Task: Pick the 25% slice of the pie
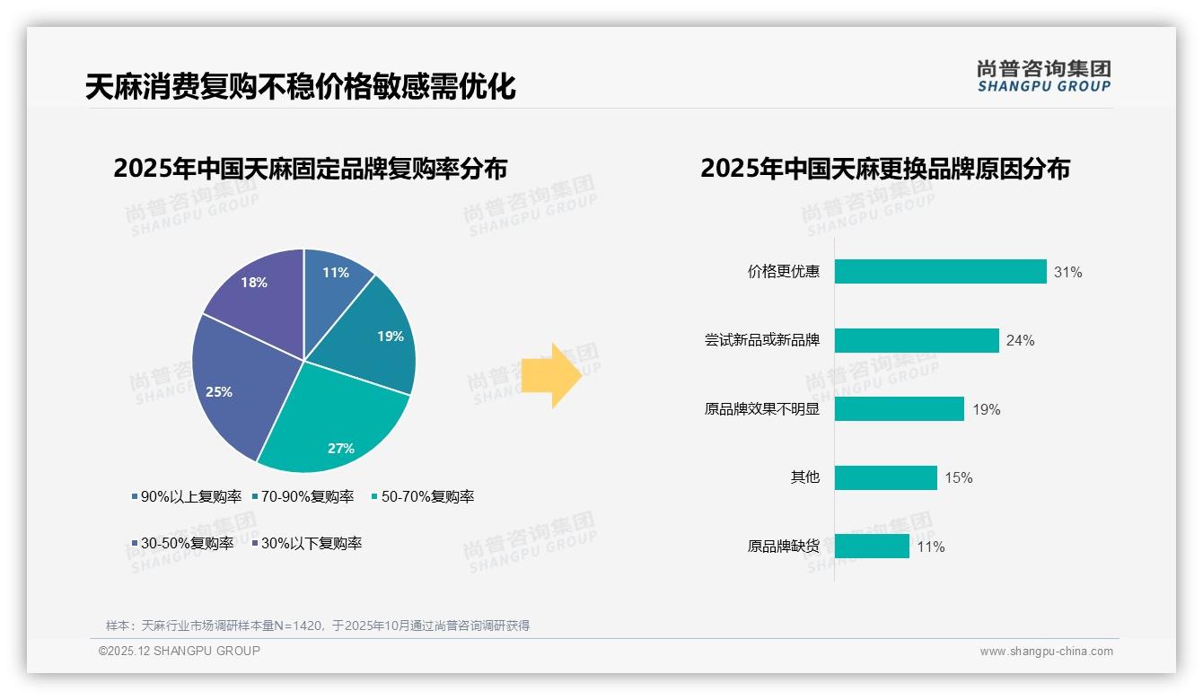pyautogui.click(x=224, y=386)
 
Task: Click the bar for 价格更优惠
pyautogui.click(x=940, y=272)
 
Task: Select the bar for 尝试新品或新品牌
pyautogui.click(x=917, y=340)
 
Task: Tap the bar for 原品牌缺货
pyautogui.click(x=872, y=546)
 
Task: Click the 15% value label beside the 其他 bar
pyautogui.click(x=958, y=477)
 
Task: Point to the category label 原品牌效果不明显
pyautogui.click(x=762, y=409)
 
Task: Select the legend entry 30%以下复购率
pyautogui.click(x=311, y=543)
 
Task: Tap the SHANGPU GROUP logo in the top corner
pyautogui.click(x=1043, y=76)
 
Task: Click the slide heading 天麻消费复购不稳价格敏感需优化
pyautogui.click(x=301, y=87)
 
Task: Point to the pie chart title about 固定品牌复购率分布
pyautogui.click(x=311, y=169)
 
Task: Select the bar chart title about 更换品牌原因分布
pyautogui.click(x=885, y=169)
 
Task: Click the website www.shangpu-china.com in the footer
pyautogui.click(x=1046, y=652)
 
